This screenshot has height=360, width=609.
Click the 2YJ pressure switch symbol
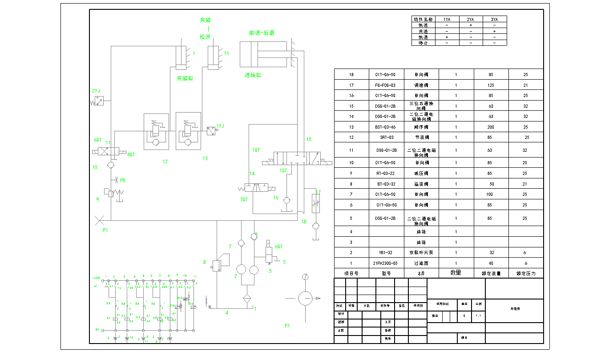[97, 101]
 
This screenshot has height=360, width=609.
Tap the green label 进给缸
[253, 75]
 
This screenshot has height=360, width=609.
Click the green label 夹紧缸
[185, 78]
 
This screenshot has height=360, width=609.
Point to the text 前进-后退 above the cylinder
[262, 33]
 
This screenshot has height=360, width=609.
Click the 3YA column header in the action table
[494, 20]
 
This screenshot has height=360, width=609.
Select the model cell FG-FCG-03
[385, 85]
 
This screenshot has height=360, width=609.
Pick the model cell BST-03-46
[385, 127]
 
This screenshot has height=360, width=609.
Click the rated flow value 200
[491, 127]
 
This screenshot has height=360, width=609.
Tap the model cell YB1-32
[385, 252]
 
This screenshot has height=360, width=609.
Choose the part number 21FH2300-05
[385, 263]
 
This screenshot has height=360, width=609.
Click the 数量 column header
[456, 273]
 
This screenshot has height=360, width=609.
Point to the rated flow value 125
[491, 85]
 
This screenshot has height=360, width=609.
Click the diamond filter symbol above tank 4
[247, 298]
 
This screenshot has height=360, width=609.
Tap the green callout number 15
[308, 140]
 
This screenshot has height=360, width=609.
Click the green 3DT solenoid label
[244, 199]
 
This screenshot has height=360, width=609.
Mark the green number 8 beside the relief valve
[205, 263]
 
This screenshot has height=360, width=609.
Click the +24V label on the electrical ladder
[97, 278]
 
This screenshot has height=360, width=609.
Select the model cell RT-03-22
[385, 174]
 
